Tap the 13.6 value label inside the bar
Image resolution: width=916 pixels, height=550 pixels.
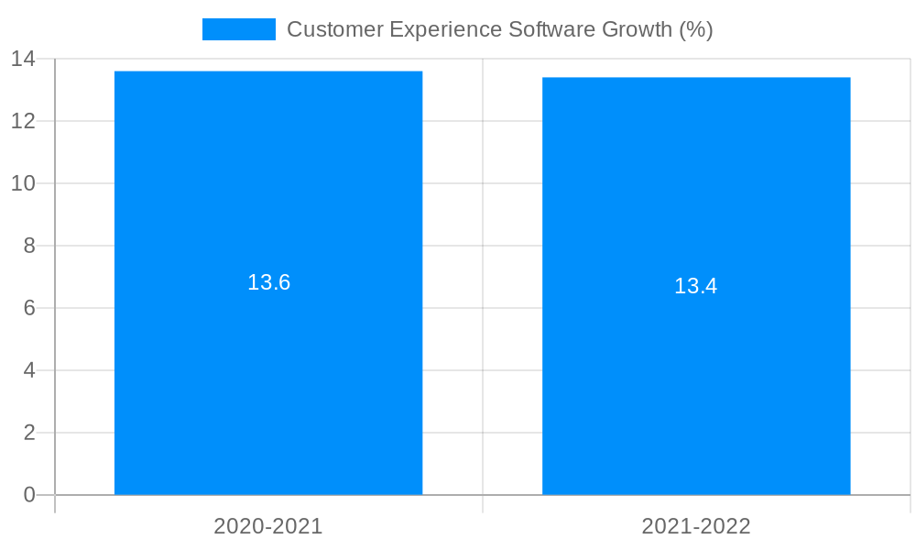[268, 282]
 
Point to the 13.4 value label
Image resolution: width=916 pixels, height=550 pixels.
[696, 286]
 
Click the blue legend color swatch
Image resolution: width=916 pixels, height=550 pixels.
[238, 29]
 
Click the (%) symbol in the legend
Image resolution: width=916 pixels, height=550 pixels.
[695, 29]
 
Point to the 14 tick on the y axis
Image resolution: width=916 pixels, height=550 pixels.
[23, 60]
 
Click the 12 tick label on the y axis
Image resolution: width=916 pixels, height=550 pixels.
[23, 121]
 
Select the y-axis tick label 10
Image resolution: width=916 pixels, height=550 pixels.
[23, 183]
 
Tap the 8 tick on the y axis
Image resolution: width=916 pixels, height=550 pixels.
[28, 246]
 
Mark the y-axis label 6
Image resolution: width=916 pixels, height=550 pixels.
[28, 308]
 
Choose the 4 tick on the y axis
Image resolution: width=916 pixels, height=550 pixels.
[28, 370]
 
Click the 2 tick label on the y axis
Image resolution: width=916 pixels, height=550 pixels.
[28, 433]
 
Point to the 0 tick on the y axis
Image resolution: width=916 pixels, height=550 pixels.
[28, 495]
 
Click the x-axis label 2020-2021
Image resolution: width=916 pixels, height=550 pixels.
[268, 526]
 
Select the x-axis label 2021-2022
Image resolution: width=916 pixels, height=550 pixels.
[696, 526]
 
